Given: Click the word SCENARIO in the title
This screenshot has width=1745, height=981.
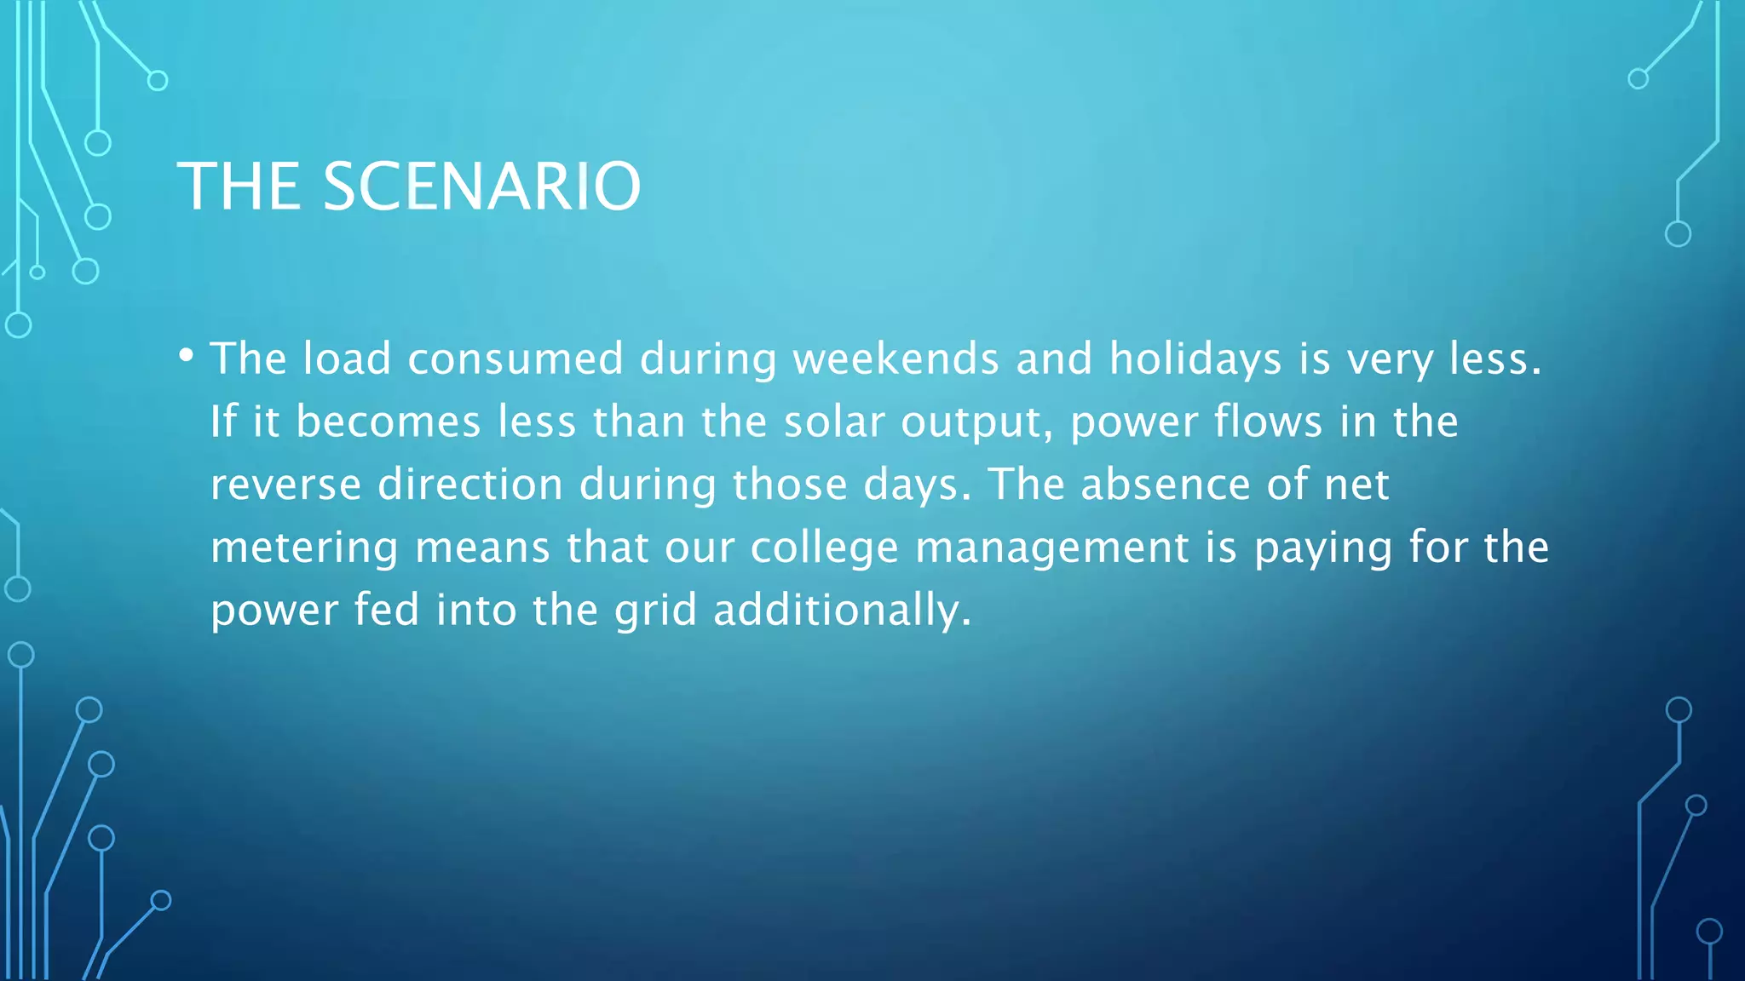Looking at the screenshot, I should tap(481, 186).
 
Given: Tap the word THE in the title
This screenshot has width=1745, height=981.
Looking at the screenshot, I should tap(239, 186).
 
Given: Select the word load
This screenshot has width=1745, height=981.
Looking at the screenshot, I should tap(347, 359).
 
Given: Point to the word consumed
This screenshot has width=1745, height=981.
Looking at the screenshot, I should tap(515, 359).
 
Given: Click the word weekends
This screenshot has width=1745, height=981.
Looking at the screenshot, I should tap(896, 359).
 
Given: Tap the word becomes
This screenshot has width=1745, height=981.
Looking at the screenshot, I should tap(389, 422).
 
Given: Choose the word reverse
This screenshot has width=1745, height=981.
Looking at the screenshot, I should tap(285, 485).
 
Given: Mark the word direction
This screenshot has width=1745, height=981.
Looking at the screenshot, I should tap(470, 485).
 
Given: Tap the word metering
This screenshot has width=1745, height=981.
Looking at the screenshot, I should tap(304, 548).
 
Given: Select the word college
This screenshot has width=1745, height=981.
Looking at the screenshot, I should tap(824, 548).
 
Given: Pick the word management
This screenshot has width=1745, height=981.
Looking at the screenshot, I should tap(1051, 548).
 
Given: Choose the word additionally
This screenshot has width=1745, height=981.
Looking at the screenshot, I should tap(842, 611).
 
